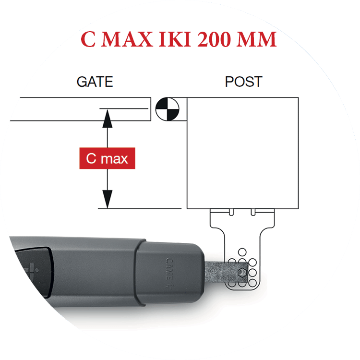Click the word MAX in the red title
tap(127, 39)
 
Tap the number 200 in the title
tap(214, 39)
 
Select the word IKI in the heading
tap(175, 39)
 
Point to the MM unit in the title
tap(256, 39)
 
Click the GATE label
tap(95, 82)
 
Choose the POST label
tap(243, 82)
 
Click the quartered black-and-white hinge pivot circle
tap(168, 109)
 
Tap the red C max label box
tap(107, 158)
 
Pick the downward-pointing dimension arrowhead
tap(107, 199)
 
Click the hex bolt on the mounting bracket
tap(241, 273)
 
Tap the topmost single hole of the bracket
tap(242, 252)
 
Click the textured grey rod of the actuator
tap(226, 273)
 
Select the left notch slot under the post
tap(231, 212)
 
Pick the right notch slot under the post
tap(253, 212)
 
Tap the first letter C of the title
tap(88, 39)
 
